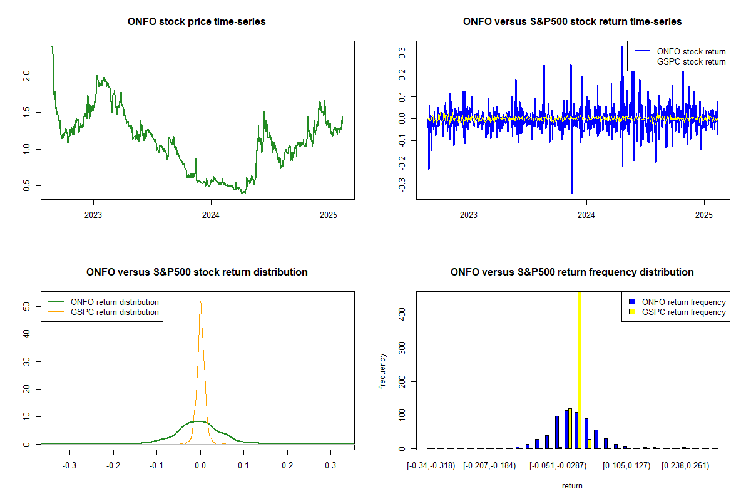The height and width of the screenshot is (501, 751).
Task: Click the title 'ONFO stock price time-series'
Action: (x=197, y=22)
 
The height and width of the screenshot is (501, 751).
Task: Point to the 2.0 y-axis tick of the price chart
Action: (x=27, y=76)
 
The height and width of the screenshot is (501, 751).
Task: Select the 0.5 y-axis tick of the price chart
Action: (x=27, y=185)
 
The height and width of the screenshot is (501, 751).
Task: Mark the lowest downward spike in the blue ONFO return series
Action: (x=572, y=192)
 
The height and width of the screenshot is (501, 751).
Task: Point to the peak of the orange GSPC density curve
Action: (x=200, y=302)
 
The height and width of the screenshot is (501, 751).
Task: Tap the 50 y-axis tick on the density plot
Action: (x=27, y=306)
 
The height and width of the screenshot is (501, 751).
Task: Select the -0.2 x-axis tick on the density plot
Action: (x=113, y=466)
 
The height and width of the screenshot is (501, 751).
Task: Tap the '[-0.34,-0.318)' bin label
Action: (x=431, y=466)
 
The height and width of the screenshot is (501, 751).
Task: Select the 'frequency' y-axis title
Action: (x=382, y=371)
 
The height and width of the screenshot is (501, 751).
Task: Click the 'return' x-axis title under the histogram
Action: (x=572, y=485)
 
